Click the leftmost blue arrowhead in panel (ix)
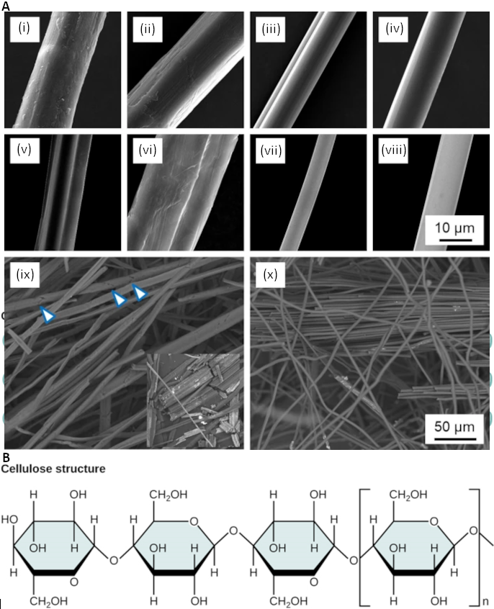pos(47,315)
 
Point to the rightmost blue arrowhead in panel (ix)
pos(140,292)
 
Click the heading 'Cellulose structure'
pos(53,469)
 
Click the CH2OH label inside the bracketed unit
pos(409,495)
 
